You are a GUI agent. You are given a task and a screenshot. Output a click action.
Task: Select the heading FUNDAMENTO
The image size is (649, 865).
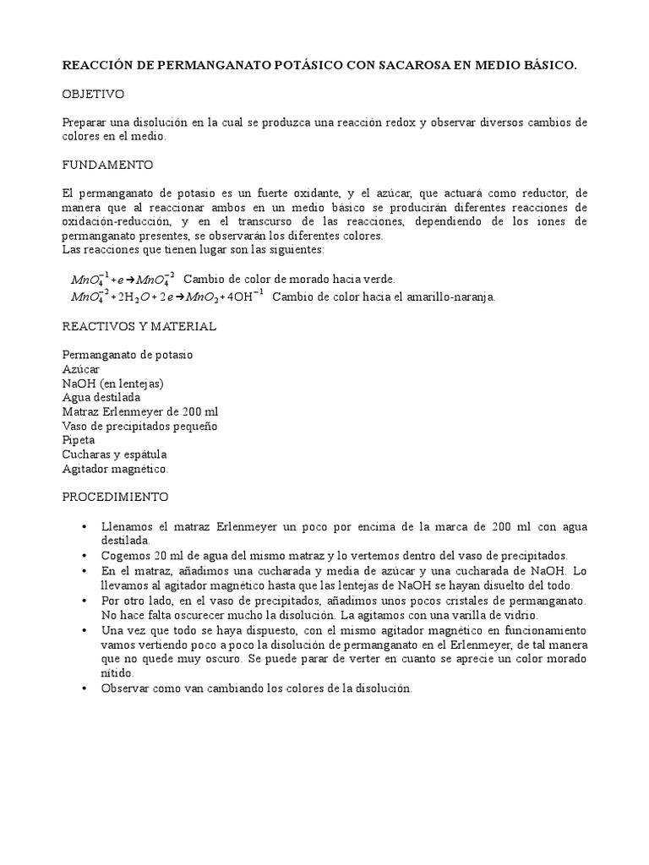(106, 165)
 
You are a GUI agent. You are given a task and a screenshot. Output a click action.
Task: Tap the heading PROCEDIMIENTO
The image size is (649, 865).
(115, 496)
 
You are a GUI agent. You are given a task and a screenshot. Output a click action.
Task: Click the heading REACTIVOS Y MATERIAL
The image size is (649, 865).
(139, 326)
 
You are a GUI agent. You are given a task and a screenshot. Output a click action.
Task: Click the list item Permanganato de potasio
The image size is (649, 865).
(127, 355)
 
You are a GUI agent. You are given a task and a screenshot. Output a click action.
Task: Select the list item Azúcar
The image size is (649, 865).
(80, 369)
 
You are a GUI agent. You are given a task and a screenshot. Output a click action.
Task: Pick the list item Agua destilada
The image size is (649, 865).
(101, 397)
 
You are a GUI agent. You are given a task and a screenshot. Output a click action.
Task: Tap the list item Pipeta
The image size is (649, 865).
(79, 440)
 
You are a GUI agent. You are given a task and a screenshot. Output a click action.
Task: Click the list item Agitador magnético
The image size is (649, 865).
(115, 469)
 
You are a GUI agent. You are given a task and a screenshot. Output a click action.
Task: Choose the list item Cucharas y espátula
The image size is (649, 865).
(114, 454)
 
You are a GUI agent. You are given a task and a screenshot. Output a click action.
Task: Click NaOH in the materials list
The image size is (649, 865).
(79, 384)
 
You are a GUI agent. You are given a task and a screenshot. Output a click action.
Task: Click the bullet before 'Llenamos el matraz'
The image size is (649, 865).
(85, 527)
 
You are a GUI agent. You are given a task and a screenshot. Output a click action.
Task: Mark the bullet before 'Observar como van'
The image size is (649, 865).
(85, 688)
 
